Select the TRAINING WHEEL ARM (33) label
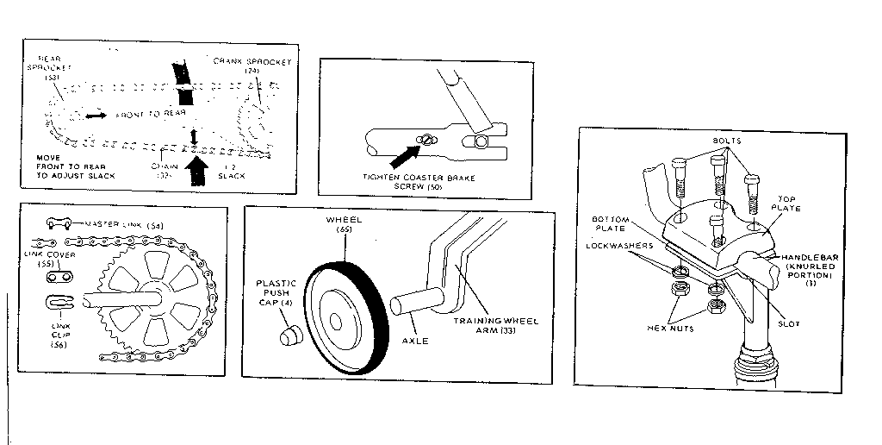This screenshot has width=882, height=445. pos(496,326)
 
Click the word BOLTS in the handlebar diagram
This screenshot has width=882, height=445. pos(728,141)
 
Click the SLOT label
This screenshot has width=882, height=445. pos(787,323)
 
